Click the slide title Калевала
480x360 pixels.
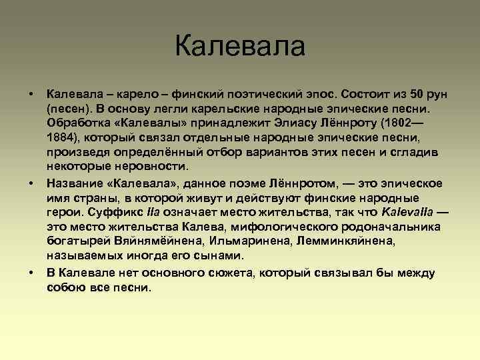coord(240,47)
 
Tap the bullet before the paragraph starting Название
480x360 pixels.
coord(31,183)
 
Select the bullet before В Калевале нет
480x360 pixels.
coord(31,273)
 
